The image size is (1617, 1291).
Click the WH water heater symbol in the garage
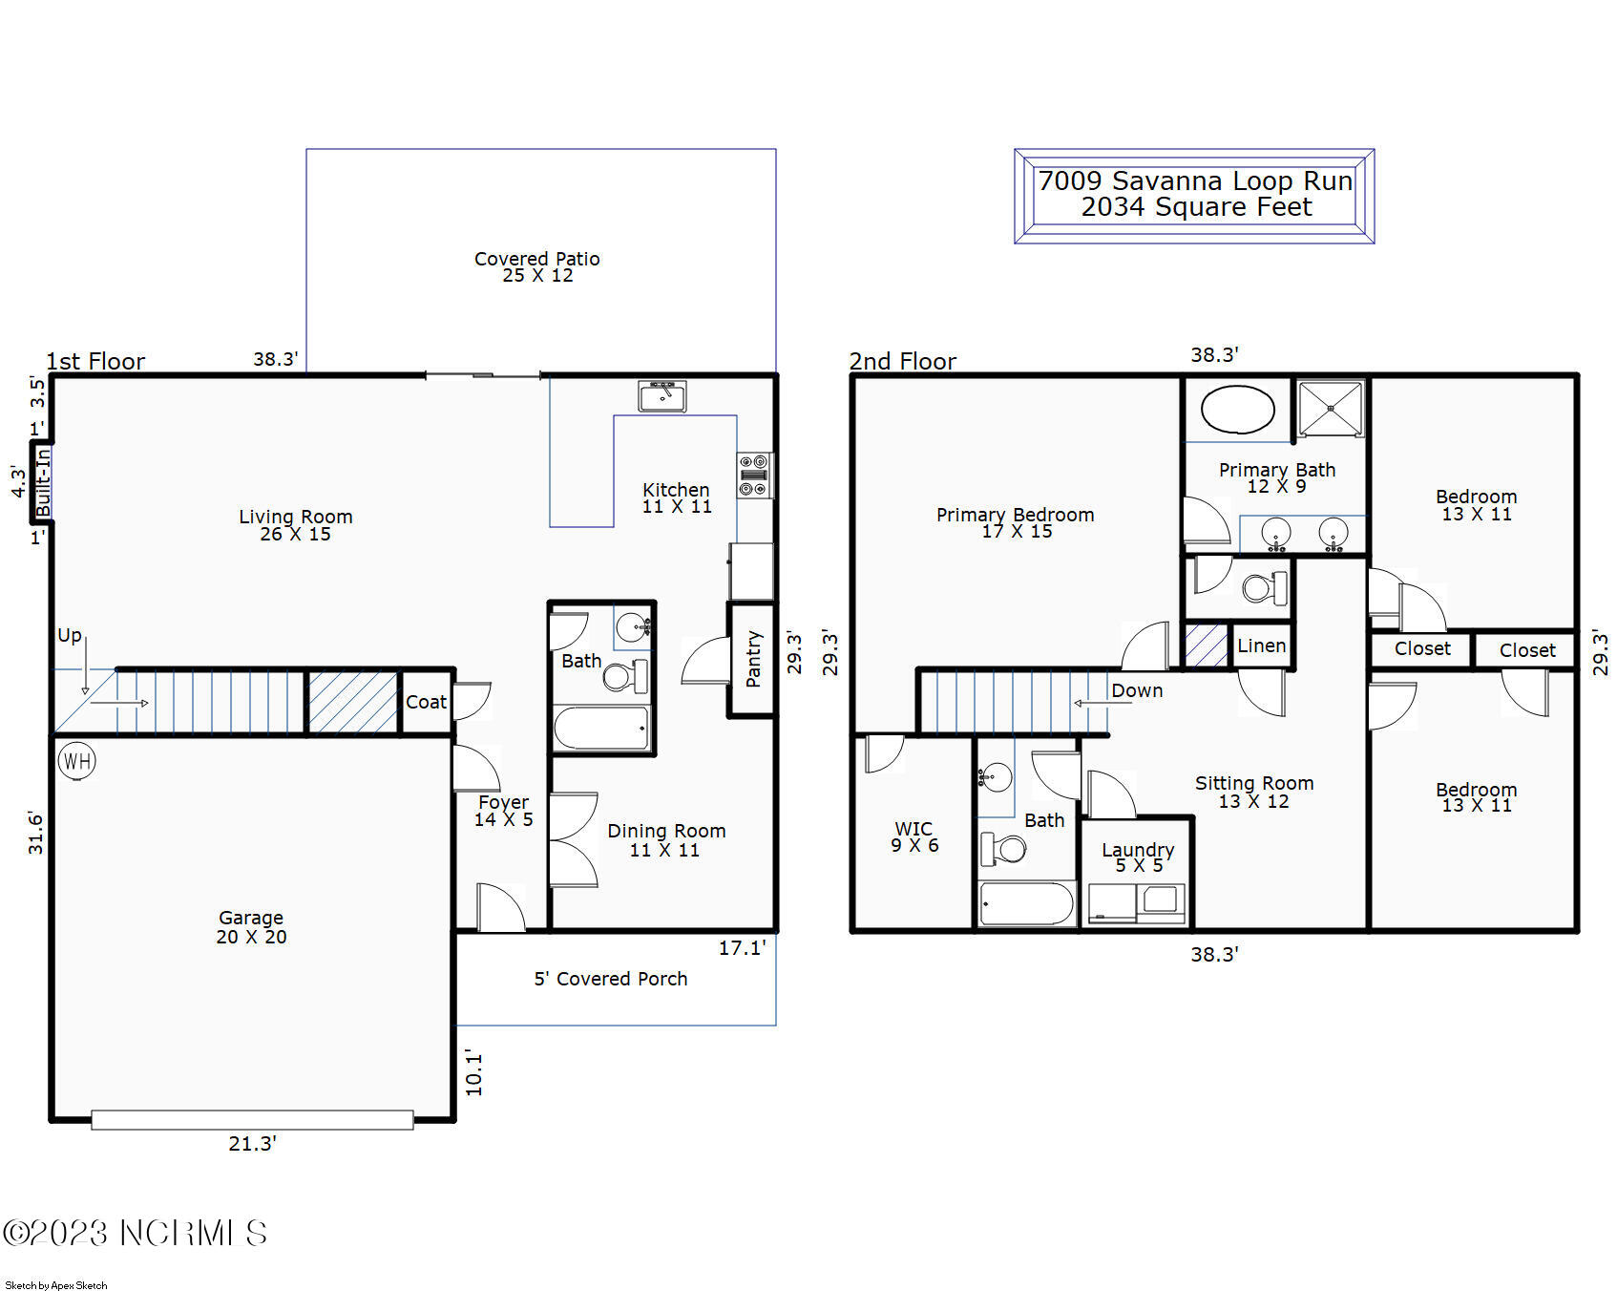pos(76,761)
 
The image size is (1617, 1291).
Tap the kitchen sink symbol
pos(662,395)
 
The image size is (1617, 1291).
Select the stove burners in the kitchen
pos(754,476)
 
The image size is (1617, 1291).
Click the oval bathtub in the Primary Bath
pos(1237,411)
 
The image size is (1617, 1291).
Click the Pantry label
pos(753,658)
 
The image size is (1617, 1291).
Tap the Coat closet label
pos(426,702)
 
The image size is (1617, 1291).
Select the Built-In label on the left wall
pos(42,483)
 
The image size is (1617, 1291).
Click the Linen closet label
pos(1261,645)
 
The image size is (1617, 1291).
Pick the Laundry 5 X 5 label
pos(1138,857)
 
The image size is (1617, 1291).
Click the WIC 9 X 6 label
pos(914,836)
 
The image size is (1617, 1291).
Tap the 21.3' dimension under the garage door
pos(252,1143)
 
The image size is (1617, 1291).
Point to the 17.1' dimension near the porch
pos(742,947)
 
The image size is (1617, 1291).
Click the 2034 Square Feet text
pos(1196,207)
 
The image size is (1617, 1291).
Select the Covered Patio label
pos(537,266)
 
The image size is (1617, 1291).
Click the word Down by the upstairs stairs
pos(1137,690)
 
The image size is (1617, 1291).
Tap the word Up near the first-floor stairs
pos(69,635)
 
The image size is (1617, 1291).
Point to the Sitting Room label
pos(1254,792)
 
